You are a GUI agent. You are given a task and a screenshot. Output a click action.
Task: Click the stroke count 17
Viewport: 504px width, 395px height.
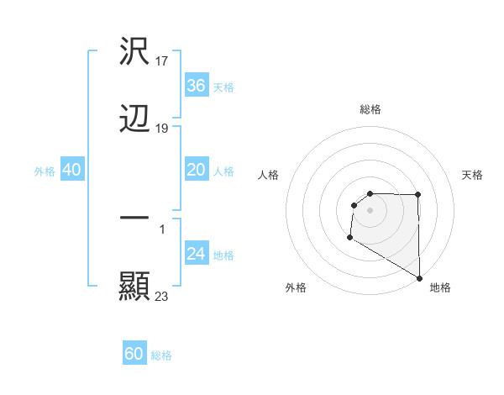point(163,61)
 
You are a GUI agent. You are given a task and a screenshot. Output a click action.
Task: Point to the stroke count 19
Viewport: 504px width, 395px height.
point(163,129)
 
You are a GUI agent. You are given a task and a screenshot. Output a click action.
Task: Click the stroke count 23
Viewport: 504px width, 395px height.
point(162,296)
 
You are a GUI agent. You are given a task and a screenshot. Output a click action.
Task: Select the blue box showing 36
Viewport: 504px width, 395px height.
point(196,86)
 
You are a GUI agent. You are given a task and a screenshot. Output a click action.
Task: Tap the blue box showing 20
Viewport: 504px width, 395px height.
point(196,170)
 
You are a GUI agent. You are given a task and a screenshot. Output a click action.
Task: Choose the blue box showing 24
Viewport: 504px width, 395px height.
point(196,254)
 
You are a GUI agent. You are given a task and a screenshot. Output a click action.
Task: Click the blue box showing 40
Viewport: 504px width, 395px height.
point(72,170)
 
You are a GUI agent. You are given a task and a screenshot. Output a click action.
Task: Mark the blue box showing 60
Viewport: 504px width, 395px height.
point(134,354)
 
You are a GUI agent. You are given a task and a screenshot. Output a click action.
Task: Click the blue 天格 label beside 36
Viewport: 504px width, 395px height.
point(223,87)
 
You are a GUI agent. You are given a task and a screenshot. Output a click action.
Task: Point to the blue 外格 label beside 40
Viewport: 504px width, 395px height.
point(45,171)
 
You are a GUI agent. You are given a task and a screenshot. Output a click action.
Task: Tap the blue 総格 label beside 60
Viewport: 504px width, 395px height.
point(161,355)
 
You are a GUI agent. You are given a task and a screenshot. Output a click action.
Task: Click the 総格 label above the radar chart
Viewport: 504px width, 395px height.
point(370,109)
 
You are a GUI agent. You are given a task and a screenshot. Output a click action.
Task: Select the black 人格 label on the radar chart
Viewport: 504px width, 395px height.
point(269,175)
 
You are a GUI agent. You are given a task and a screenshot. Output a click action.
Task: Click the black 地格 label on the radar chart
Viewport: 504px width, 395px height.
point(440,287)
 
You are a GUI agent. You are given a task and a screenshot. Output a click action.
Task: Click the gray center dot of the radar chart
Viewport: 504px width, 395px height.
point(370,210)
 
